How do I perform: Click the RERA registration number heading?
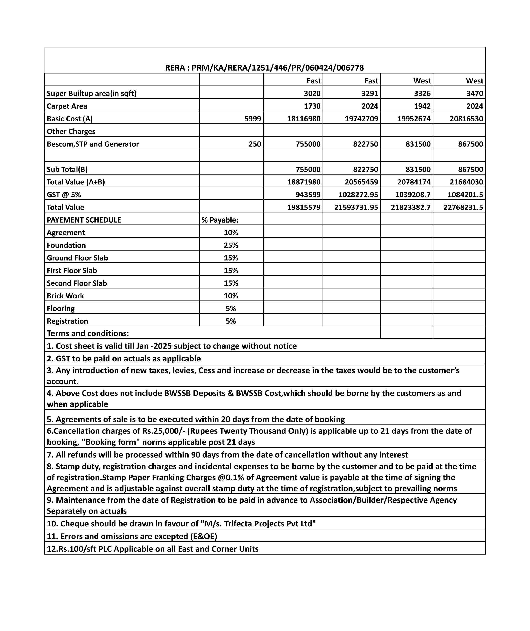tap(264, 68)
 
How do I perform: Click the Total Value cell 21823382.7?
tap(410, 207)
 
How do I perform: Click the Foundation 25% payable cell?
tap(231, 245)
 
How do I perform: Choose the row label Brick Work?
tap(65, 296)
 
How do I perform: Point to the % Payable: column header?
tap(220, 220)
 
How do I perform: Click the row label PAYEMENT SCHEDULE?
tap(84, 220)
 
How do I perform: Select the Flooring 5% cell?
tap(231, 309)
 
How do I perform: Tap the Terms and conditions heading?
tap(88, 333)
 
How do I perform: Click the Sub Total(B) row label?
tap(67, 170)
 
